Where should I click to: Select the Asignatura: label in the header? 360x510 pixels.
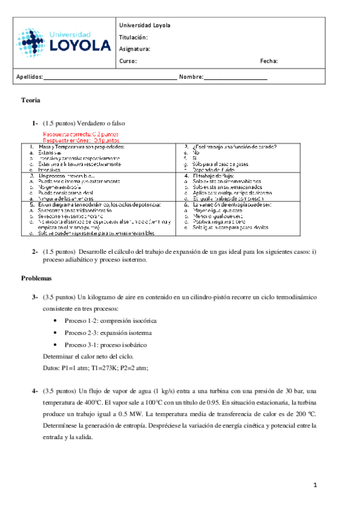[x=135, y=49]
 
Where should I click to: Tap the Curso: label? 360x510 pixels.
[x=128, y=61]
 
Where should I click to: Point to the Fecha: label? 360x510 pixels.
[x=269, y=61]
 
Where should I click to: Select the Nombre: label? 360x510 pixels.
[x=191, y=78]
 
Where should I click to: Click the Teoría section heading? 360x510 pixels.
[x=31, y=100]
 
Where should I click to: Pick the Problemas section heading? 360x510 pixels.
[x=37, y=278]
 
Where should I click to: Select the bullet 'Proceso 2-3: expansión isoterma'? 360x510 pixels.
[x=108, y=333]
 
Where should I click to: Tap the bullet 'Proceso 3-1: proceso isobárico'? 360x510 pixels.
[x=105, y=345]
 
